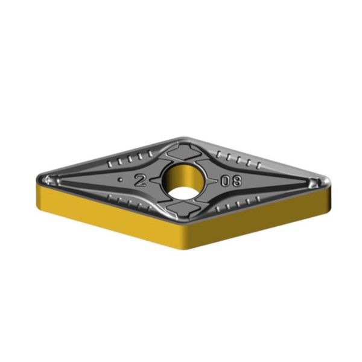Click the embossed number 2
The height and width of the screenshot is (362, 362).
140,180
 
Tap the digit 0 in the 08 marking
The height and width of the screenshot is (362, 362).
225,181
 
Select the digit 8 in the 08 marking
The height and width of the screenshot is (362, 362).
236,181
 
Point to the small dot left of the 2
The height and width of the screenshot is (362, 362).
119,180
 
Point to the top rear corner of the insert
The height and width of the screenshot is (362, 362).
183,138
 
